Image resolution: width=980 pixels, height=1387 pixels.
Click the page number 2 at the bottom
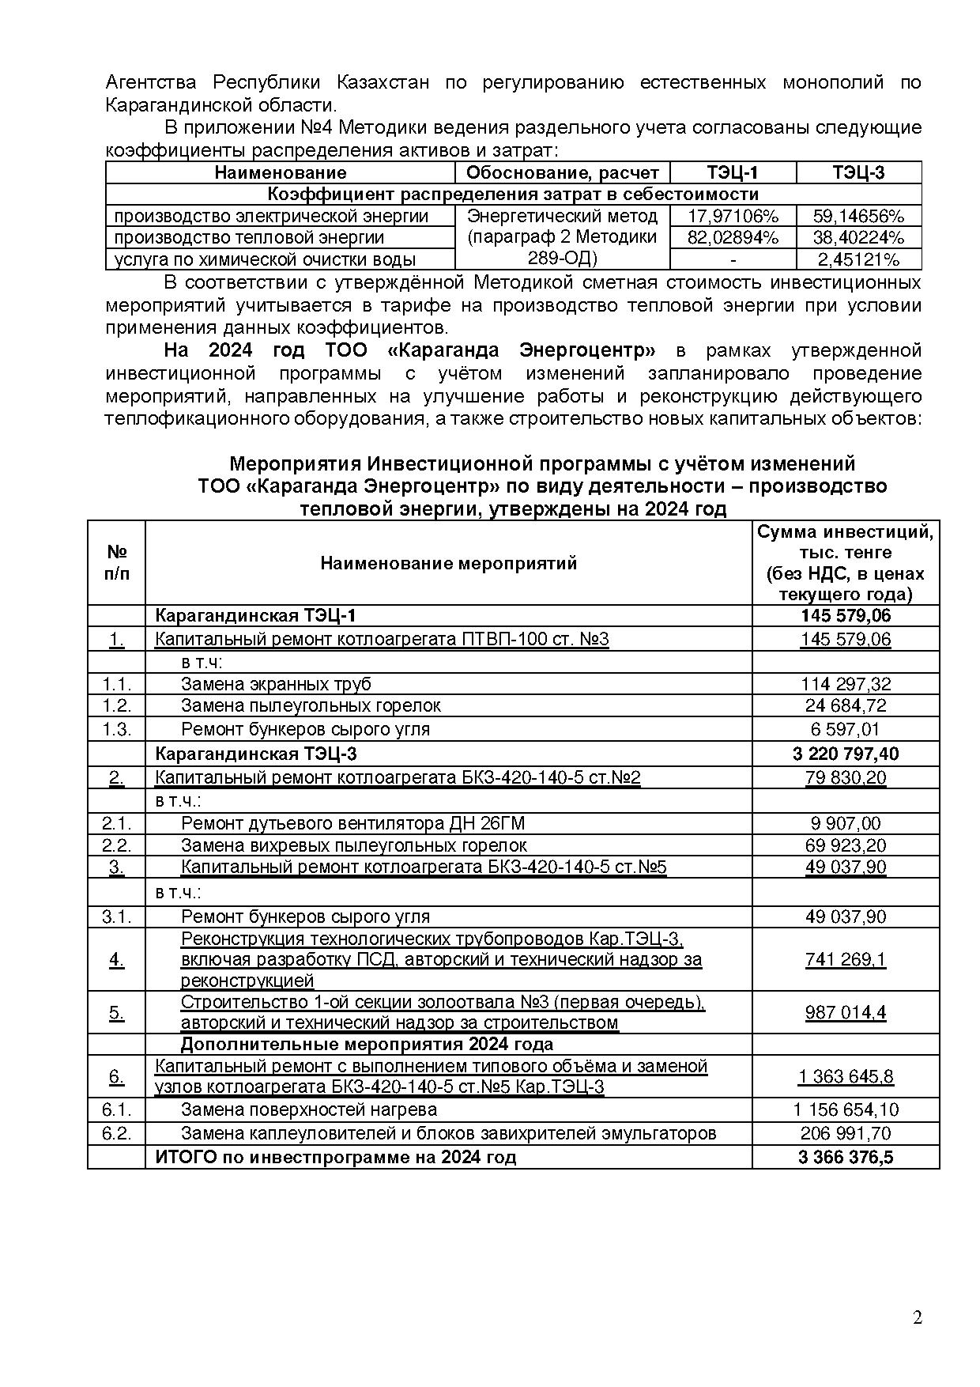[x=917, y=1317]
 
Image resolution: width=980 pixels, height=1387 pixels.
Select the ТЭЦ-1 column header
[x=733, y=172]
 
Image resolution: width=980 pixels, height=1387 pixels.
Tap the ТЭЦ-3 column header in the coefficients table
[x=858, y=172]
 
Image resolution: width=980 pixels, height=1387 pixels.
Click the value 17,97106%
[x=733, y=216]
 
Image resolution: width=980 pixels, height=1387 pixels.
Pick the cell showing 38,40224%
[x=858, y=237]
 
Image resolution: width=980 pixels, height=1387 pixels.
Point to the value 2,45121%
[x=858, y=259]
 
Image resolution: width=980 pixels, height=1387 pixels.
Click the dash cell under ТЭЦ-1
[x=733, y=259]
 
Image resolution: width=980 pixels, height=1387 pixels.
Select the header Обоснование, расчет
[x=562, y=172]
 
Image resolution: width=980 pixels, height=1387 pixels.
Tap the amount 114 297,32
[x=846, y=684]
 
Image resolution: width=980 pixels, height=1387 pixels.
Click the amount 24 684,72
[x=846, y=705]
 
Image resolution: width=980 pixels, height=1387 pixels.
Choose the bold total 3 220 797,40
[x=846, y=754]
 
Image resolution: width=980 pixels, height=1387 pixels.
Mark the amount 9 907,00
[x=846, y=824]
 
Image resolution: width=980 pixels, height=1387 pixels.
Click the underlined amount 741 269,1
[x=846, y=959]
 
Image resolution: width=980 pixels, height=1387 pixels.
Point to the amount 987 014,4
[x=846, y=1012]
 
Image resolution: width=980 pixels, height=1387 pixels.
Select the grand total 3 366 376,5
[x=846, y=1158]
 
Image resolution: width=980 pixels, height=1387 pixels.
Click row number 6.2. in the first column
[x=116, y=1133]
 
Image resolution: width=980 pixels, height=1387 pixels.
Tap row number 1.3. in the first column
[x=116, y=729]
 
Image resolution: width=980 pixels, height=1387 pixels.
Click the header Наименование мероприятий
[x=448, y=563]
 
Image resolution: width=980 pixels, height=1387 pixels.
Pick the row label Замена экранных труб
[x=276, y=684]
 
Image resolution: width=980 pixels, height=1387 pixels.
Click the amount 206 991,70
[x=846, y=1133]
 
